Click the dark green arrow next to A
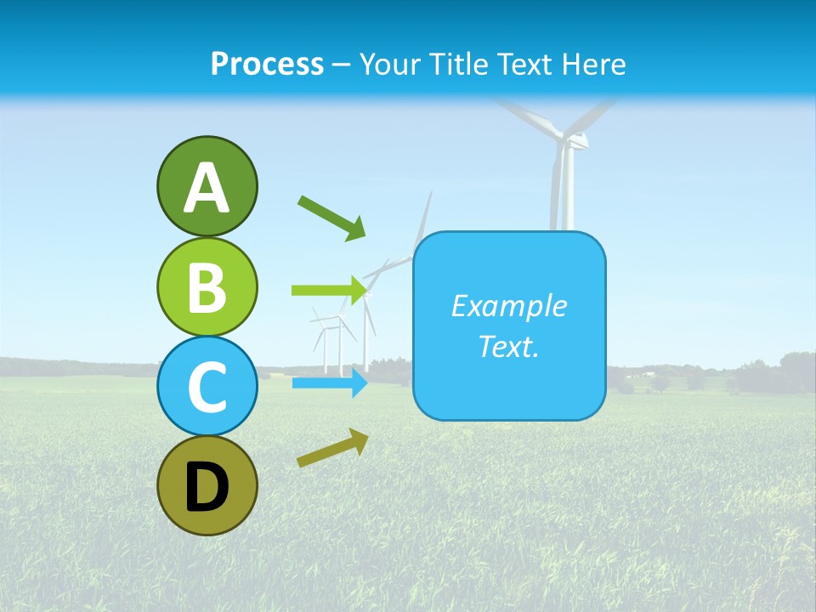(x=331, y=217)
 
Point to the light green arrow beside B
(x=329, y=291)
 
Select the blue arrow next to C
(x=329, y=383)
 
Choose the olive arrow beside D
(x=332, y=448)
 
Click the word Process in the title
(x=267, y=64)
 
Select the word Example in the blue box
(x=508, y=306)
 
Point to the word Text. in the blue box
(x=508, y=346)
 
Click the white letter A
(x=207, y=188)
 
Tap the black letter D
(x=207, y=487)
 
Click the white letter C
(x=207, y=388)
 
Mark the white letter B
(x=207, y=288)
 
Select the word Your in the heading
(x=391, y=64)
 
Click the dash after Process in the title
(x=341, y=65)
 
